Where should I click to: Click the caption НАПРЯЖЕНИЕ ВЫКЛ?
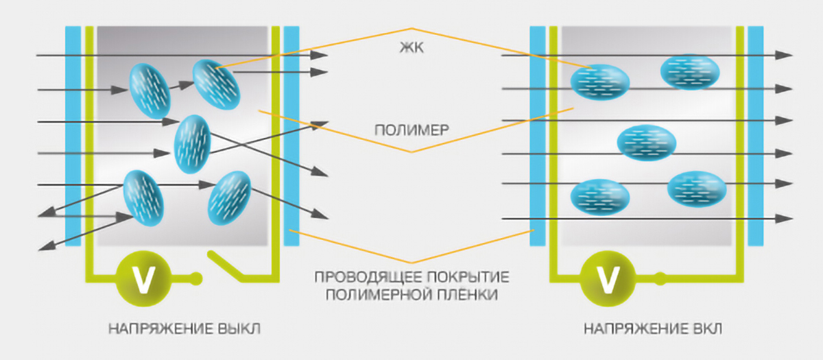click(x=184, y=329)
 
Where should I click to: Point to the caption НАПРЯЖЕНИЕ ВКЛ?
click(x=654, y=329)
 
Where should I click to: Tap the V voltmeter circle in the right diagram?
click(x=606, y=278)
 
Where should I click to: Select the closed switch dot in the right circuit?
click(x=659, y=278)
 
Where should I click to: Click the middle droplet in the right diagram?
click(x=646, y=143)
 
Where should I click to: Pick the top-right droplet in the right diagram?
click(x=689, y=71)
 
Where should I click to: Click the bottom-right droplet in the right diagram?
click(x=696, y=189)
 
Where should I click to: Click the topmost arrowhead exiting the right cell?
click(x=786, y=56)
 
